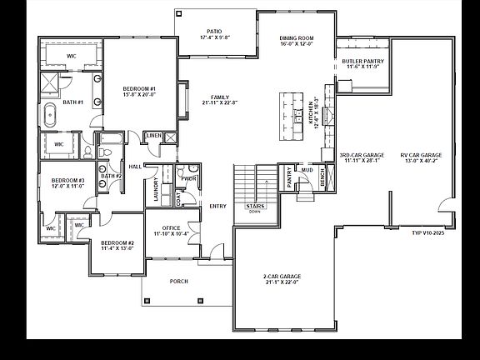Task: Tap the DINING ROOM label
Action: [297, 41]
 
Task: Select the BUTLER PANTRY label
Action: [361, 64]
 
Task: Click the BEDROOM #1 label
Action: [139, 91]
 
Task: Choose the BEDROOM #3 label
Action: [68, 183]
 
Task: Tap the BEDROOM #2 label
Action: [117, 245]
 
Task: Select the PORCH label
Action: [178, 281]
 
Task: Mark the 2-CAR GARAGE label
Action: [281, 279]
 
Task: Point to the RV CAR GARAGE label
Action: [421, 158]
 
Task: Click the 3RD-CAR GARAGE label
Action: [361, 158]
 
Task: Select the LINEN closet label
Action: [153, 135]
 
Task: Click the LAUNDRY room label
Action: [156, 190]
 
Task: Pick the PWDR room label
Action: [189, 177]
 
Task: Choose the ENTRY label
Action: [218, 206]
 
